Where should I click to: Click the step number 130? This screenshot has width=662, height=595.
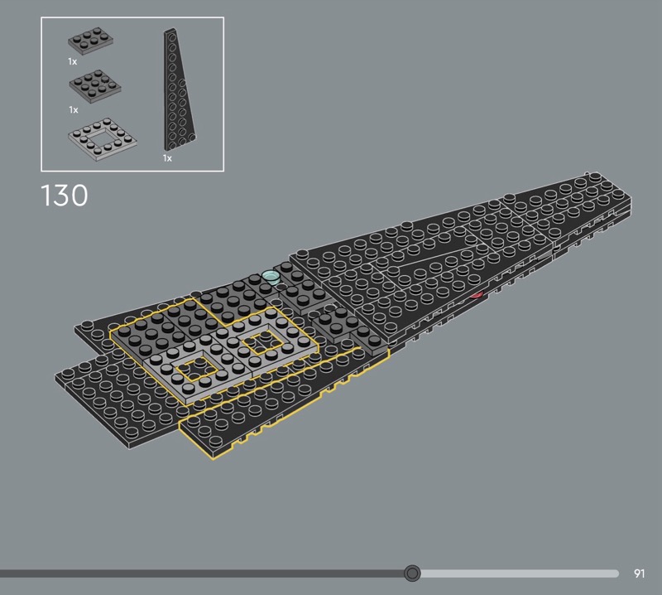point(65,196)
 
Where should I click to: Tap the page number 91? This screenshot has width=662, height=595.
point(639,573)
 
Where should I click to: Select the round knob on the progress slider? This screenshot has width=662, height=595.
point(412,573)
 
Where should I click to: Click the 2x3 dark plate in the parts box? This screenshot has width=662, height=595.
point(91,41)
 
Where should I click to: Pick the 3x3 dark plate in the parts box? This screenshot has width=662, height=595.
point(95,86)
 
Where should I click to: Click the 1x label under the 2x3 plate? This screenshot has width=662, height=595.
point(73,62)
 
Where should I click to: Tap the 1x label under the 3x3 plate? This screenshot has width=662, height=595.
point(74,110)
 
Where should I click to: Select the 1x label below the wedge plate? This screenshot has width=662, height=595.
point(168,158)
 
